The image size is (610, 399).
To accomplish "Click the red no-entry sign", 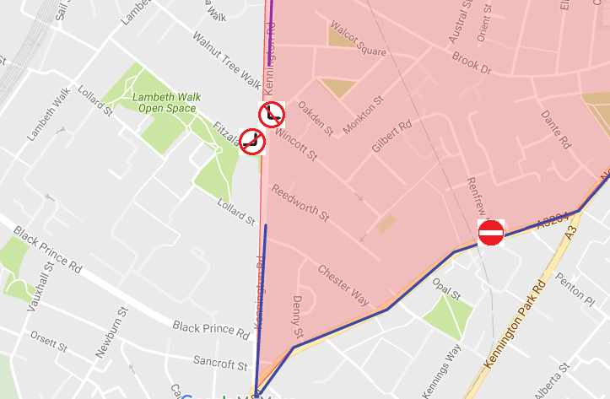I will click(491, 233).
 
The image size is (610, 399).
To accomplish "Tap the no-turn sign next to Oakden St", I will click(271, 114).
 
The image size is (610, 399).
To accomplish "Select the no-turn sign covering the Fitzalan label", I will click(251, 141).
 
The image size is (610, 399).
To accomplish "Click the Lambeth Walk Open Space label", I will click(166, 102).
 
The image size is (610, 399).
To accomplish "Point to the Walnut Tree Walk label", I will click(226, 60).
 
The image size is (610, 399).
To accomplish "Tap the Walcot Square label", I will click(358, 39).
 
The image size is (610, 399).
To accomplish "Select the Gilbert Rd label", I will click(391, 135).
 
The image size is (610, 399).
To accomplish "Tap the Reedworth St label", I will click(300, 203).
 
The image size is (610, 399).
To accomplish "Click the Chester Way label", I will click(343, 286).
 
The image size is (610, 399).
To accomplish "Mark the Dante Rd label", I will click(557, 127).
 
